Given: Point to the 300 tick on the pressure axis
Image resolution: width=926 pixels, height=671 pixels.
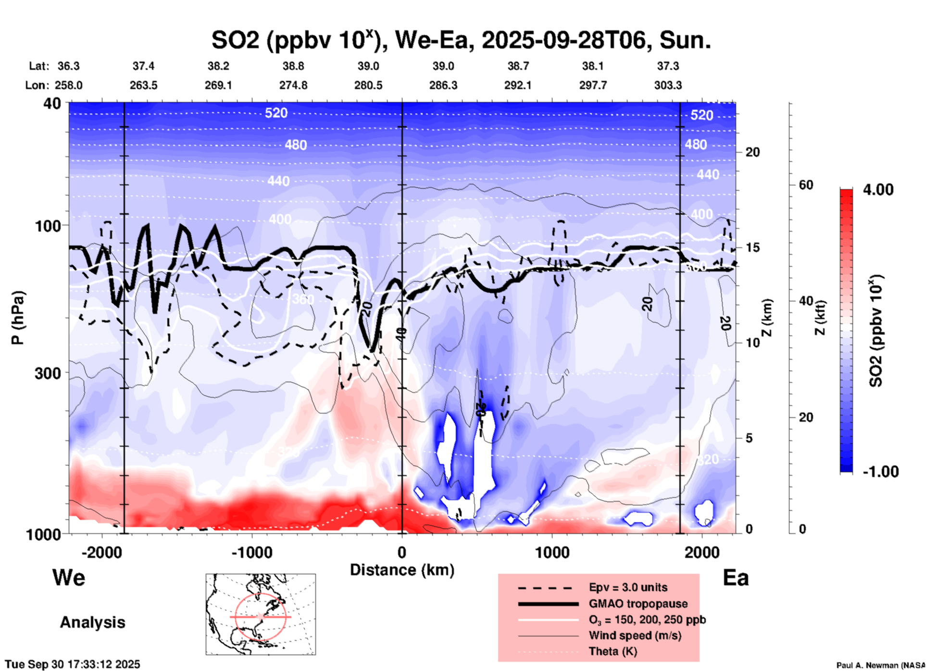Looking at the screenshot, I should click(x=48, y=373).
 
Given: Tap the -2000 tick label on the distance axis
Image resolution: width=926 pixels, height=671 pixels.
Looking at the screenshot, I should click(x=101, y=552).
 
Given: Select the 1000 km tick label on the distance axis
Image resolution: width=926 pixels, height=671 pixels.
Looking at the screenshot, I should click(x=551, y=552).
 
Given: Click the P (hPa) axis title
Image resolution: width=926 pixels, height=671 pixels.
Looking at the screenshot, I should click(x=18, y=318).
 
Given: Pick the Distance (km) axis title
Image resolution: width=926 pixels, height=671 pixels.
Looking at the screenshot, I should click(x=402, y=570).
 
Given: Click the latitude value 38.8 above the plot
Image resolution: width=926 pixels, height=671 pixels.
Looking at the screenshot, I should click(x=293, y=66).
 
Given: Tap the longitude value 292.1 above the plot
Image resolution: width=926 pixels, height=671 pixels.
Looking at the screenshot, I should click(x=518, y=85).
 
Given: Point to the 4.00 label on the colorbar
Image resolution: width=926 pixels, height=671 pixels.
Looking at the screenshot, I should click(x=878, y=190).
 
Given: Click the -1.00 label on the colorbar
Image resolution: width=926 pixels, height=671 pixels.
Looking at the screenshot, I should click(x=880, y=472).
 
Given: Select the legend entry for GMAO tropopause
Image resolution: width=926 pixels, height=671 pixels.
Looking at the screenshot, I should click(x=638, y=604).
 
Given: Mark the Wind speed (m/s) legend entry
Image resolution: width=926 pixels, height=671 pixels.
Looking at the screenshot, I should click(x=635, y=635).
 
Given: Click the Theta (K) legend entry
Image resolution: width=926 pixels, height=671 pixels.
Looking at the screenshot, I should click(x=613, y=651).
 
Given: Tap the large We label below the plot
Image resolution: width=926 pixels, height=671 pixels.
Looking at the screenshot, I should click(x=69, y=577).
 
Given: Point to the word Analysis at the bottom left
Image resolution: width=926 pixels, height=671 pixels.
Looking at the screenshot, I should click(x=92, y=622).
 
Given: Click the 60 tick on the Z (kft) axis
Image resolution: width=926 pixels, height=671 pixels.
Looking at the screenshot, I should click(x=806, y=185).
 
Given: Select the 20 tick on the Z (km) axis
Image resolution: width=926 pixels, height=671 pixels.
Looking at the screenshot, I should click(x=752, y=152).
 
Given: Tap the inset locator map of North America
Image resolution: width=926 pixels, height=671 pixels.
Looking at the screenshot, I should click(x=261, y=614).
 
